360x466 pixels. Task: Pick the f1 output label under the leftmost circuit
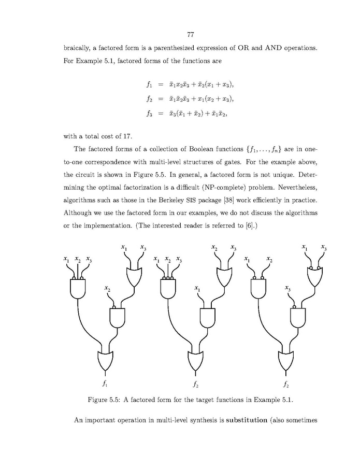[x=105, y=385]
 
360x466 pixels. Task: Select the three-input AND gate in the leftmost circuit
[x=78, y=288]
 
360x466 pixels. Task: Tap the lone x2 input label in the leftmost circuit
[x=107, y=288]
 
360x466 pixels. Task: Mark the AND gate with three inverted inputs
[x=168, y=288]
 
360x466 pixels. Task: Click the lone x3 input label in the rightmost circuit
[x=287, y=288]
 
